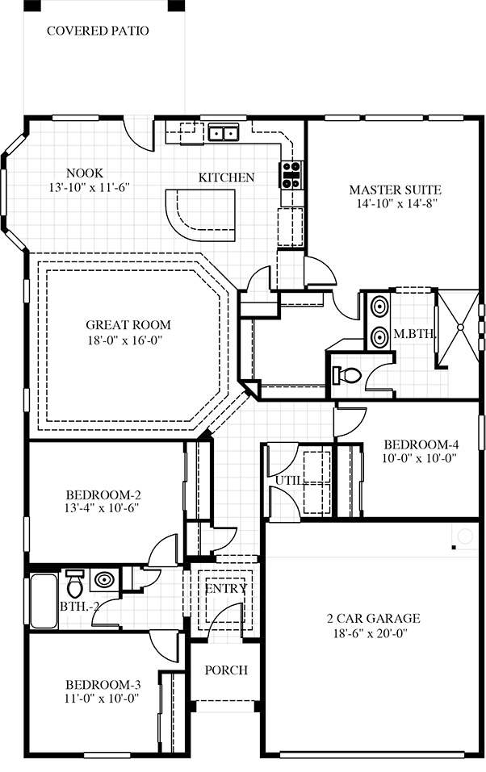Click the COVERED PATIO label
pyautogui.click(x=98, y=31)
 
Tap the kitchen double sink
pyautogui.click(x=224, y=133)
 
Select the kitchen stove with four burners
pyautogui.click(x=291, y=175)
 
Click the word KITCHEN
pyautogui.click(x=227, y=177)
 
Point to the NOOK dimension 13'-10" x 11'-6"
pyautogui.click(x=89, y=188)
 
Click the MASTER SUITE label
pyautogui.click(x=396, y=190)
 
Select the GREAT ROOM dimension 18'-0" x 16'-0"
pyautogui.click(x=125, y=340)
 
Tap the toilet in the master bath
pyautogui.click(x=347, y=376)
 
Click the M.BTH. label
pyautogui.click(x=414, y=334)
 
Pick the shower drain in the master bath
pyautogui.click(x=460, y=327)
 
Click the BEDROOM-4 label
pyautogui.click(x=421, y=444)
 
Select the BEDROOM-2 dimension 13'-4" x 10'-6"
pyautogui.click(x=102, y=508)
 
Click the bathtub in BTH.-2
pyautogui.click(x=44, y=601)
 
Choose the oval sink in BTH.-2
pyautogui.click(x=104, y=579)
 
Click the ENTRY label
pyautogui.click(x=226, y=588)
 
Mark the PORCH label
pyautogui.click(x=226, y=670)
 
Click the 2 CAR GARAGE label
pyautogui.click(x=373, y=619)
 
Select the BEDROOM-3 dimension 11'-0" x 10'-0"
pyautogui.click(x=102, y=698)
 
